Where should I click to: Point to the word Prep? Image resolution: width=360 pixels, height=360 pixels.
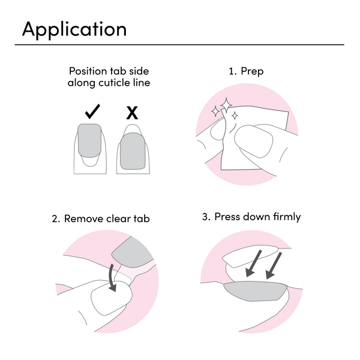click(x=252, y=71)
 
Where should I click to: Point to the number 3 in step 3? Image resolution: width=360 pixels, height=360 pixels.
click(x=204, y=217)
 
